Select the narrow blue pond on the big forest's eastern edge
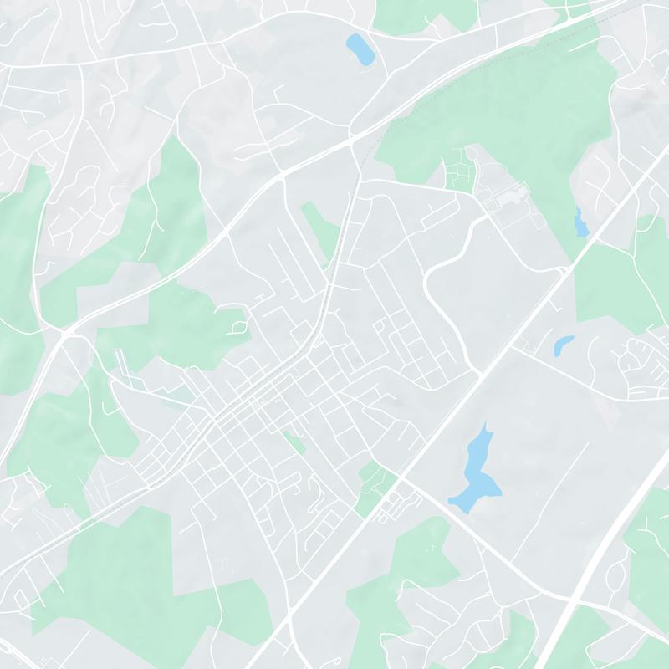[580, 222]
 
